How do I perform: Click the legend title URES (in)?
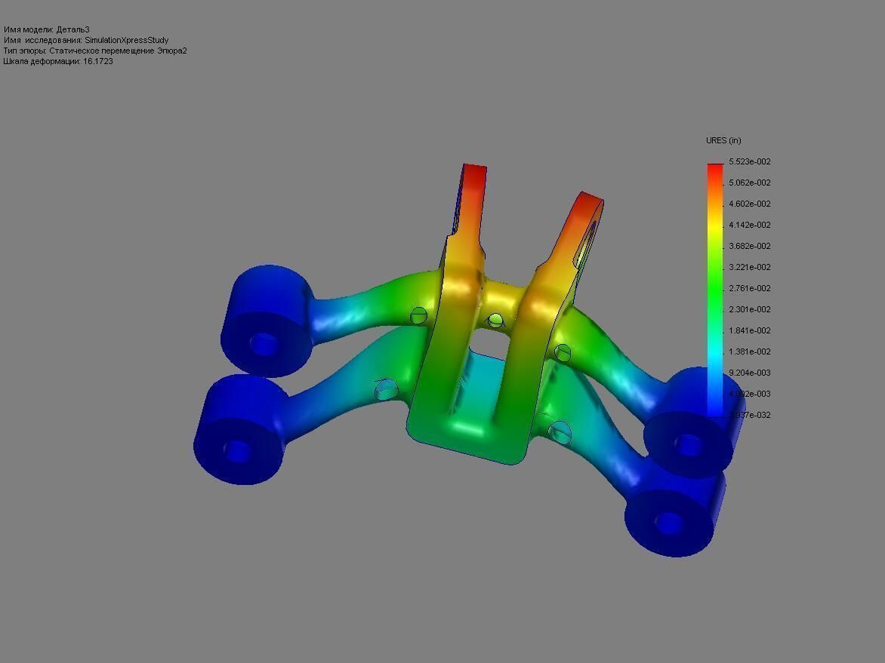tap(723, 140)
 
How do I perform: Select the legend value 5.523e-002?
tap(749, 161)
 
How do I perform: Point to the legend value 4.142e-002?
tap(749, 225)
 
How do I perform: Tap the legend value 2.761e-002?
tap(749, 288)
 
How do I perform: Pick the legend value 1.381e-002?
tap(749, 351)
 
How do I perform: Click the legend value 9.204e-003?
tap(749, 373)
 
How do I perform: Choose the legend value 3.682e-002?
tap(749, 246)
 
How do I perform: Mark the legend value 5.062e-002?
tap(749, 183)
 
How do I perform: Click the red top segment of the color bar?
tap(714, 170)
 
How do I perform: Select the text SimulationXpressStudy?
tap(126, 40)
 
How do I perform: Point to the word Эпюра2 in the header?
tap(171, 51)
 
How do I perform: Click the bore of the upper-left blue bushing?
tap(264, 343)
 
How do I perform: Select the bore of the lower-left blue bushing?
tap(237, 450)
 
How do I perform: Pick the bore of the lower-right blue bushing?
tap(668, 522)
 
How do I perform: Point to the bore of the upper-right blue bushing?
tap(687, 444)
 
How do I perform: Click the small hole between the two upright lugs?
tap(495, 321)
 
